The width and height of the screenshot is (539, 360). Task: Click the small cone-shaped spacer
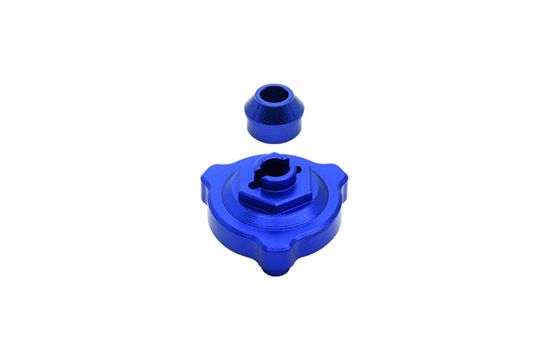tap(275, 115)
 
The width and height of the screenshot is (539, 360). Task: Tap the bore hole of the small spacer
tap(274, 93)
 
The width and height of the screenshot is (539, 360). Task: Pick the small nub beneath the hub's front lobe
tap(272, 270)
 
